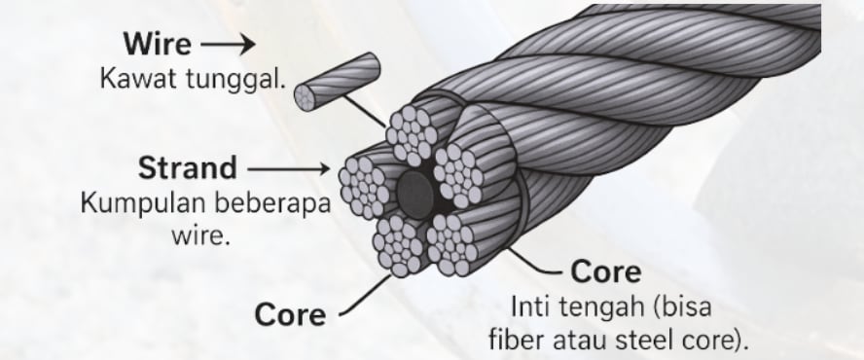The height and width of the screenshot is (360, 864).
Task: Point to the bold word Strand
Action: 187,167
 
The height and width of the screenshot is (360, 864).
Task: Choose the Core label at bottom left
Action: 291,314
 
